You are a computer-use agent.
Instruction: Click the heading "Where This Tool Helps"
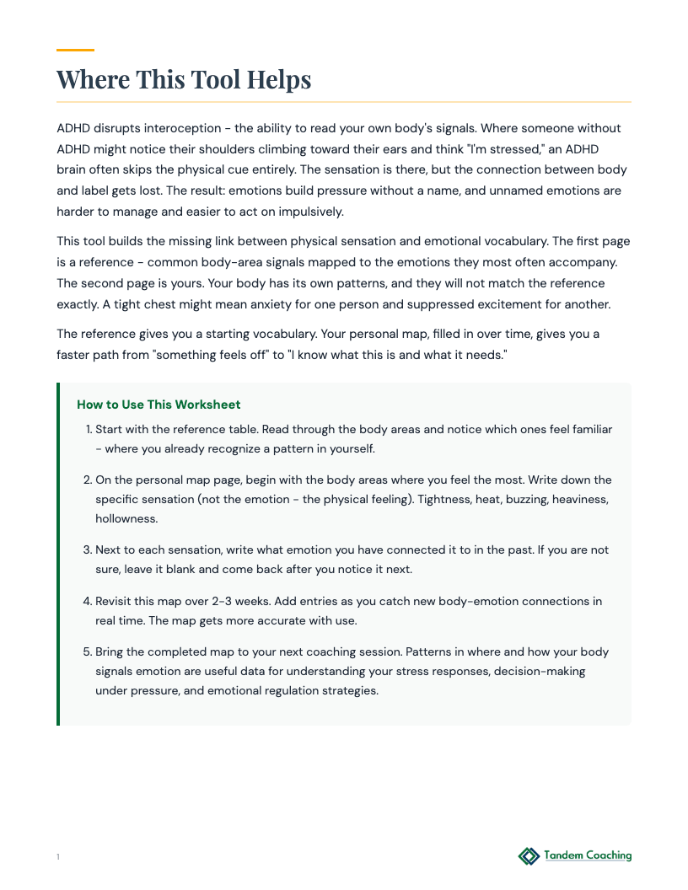(x=184, y=80)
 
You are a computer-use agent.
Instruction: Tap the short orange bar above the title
(x=75, y=50)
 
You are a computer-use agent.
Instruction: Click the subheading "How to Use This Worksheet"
(x=159, y=405)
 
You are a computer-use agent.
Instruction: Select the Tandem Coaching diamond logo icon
(x=529, y=856)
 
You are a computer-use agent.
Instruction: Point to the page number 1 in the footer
(x=58, y=857)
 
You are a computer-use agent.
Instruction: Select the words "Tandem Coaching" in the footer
(x=588, y=855)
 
